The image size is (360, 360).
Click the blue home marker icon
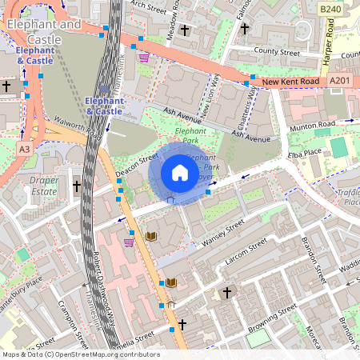[180, 172]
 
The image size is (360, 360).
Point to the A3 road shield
[24, 149]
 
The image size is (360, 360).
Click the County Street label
[277, 52]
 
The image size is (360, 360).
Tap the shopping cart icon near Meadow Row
[144, 58]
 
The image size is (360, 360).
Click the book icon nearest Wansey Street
[151, 237]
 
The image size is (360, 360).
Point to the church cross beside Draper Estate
[77, 186]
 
